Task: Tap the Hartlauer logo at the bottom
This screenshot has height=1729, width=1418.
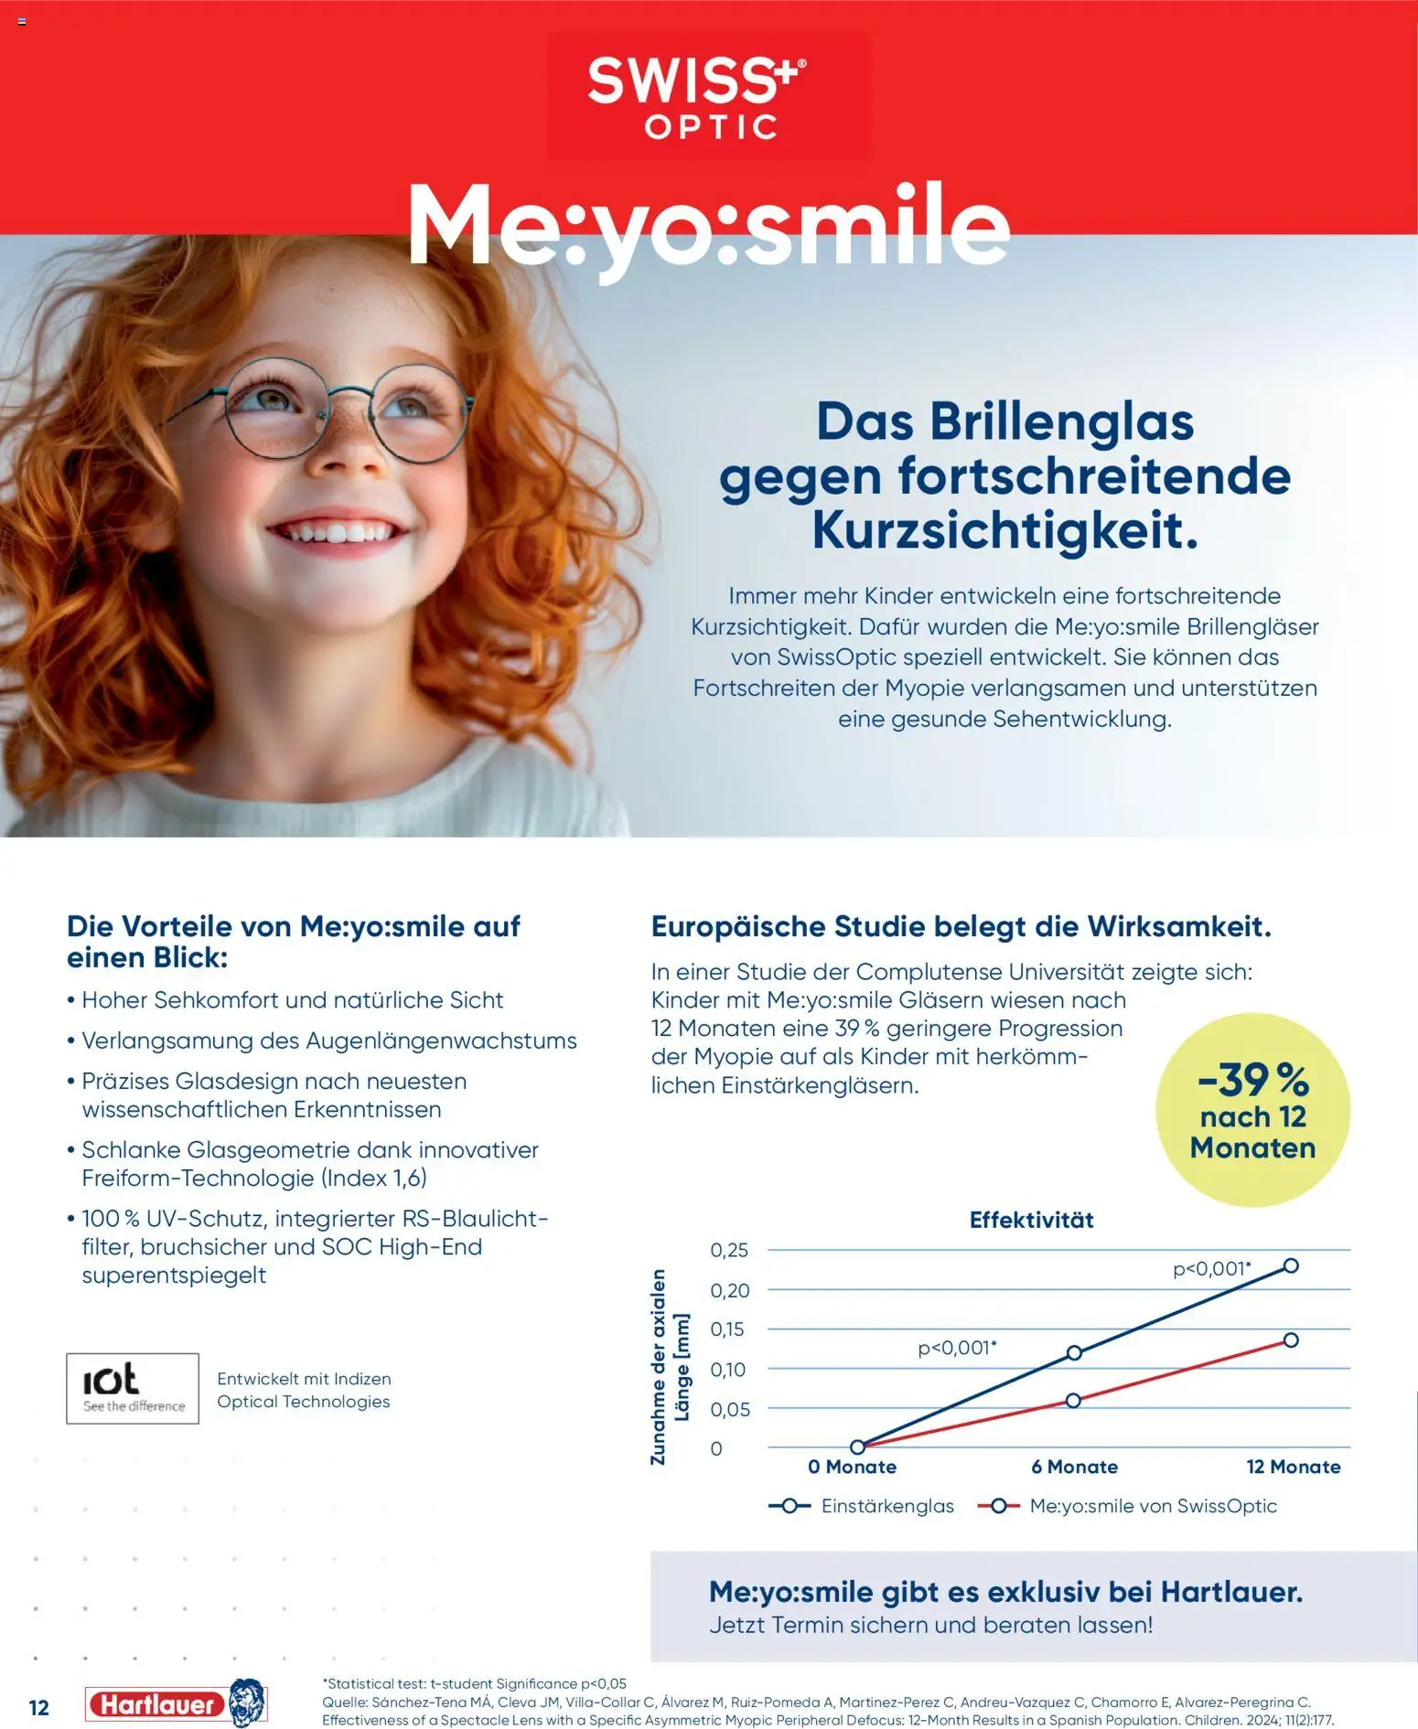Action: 174,1703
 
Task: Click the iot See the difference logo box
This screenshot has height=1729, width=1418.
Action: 133,1388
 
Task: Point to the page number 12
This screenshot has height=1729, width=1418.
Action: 38,1707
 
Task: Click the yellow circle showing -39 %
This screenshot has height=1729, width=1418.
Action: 1252,1110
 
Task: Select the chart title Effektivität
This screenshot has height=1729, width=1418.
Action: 1031,1220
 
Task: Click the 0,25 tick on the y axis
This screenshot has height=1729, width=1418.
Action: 729,1250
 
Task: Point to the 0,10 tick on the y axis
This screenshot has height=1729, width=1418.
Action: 729,1370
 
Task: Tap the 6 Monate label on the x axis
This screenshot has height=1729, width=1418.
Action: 1074,1467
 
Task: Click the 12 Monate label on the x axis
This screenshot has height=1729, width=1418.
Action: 1293,1467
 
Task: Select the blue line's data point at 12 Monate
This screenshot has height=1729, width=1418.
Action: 1291,1265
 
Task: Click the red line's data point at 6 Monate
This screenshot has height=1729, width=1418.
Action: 1073,1400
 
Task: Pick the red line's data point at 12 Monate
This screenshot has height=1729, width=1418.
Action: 1291,1339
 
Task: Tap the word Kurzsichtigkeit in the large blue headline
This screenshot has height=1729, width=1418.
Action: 1004,530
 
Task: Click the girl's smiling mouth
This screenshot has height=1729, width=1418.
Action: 338,533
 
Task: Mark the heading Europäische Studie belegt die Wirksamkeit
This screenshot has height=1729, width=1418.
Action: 961,926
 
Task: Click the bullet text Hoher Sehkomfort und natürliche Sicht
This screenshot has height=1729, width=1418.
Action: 292,999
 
